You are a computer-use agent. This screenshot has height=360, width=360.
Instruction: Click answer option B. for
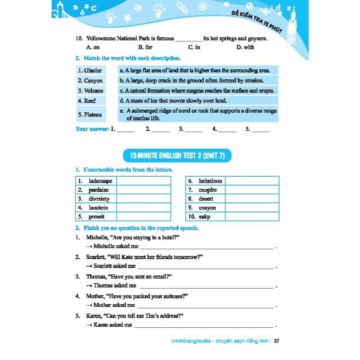pos(145,47)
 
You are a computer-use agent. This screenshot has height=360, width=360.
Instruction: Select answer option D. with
pos(245,47)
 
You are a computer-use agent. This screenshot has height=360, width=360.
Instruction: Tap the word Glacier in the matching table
pos(93,70)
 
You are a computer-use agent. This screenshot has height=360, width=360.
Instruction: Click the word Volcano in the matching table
pos(94,91)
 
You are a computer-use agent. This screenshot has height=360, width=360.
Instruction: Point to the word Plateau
pos(93,114)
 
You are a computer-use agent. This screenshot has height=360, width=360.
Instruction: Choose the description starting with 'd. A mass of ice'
pos(173,101)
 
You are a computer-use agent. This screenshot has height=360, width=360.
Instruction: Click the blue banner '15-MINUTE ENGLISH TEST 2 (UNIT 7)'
pos(177,155)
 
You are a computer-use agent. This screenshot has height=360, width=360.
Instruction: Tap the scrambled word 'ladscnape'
pos(100,181)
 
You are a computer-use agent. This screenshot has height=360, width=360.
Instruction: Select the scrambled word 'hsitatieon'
pos(210,181)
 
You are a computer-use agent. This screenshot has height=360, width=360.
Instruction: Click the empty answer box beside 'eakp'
pos(252,217)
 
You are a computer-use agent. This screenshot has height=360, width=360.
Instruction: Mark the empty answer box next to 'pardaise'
pos(143,190)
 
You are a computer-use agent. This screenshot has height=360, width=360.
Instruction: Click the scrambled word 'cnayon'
pos(207,208)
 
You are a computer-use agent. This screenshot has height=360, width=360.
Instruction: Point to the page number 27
pos(277,341)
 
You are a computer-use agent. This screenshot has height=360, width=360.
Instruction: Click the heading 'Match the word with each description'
pos(132,58)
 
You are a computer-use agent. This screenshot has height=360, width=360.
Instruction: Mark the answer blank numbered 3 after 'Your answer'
pos(193,130)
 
